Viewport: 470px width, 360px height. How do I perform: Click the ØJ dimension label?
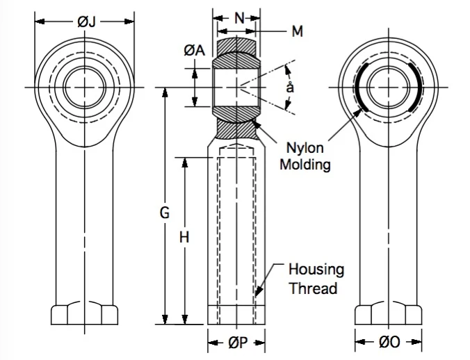(86, 22)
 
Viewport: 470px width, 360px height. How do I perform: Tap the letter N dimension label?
(239, 18)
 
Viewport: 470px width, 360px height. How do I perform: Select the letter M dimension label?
(297, 31)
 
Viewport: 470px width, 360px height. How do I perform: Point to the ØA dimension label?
(195, 50)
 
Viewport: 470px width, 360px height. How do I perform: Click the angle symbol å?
(290, 88)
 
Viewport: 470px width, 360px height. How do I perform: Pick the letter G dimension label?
(165, 213)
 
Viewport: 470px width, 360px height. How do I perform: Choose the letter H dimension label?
(184, 238)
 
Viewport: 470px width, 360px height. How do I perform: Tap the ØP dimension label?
(238, 343)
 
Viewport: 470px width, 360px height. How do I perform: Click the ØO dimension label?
(389, 342)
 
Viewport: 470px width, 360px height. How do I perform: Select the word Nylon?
(305, 148)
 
